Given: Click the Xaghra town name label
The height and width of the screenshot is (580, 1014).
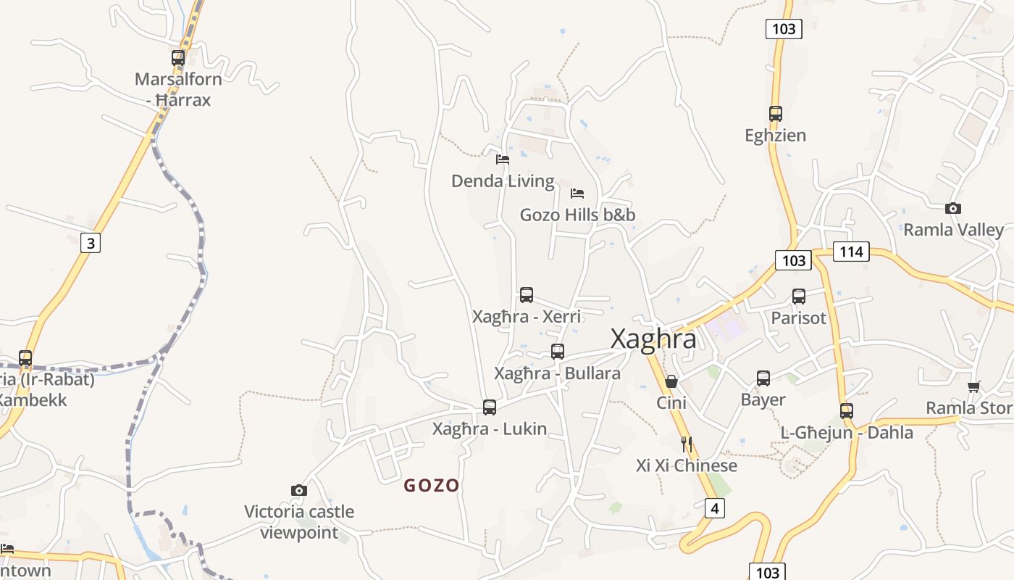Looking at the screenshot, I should click(653, 339).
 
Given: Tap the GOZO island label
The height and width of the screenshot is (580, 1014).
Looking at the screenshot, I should click(432, 485).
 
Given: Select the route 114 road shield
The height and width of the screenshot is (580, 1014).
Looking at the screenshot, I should click(851, 252).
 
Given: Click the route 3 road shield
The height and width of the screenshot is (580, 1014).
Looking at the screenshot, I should click(91, 243).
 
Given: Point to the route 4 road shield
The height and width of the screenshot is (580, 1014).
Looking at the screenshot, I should click(714, 508).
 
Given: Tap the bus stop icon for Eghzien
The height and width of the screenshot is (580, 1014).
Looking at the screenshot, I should click(776, 114).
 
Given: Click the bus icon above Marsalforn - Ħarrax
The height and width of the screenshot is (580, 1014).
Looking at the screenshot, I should click(178, 58).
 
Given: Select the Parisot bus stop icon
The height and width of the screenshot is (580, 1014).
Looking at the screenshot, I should click(799, 297).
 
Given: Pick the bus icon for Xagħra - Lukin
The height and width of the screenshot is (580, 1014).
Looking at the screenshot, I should click(490, 407).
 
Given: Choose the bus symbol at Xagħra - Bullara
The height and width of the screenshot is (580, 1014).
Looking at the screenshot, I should click(558, 352).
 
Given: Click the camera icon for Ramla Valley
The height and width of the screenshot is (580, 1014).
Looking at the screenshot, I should click(953, 209).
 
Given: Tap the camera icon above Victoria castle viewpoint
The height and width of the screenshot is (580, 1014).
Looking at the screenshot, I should click(298, 491).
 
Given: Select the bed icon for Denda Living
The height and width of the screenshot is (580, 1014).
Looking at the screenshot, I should click(503, 159).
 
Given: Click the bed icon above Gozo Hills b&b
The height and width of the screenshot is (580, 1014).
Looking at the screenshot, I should click(577, 194).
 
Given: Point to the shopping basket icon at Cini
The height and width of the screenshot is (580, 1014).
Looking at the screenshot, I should click(671, 381).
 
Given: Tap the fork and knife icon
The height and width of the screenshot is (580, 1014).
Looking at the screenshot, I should click(687, 444).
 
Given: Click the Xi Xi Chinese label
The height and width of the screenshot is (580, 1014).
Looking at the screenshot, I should click(687, 465).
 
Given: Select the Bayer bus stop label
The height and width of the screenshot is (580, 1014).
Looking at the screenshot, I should click(763, 399).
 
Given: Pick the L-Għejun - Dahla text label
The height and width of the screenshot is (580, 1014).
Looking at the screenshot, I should click(847, 432).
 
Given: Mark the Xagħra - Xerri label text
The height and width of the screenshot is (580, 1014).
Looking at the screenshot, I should click(527, 317).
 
